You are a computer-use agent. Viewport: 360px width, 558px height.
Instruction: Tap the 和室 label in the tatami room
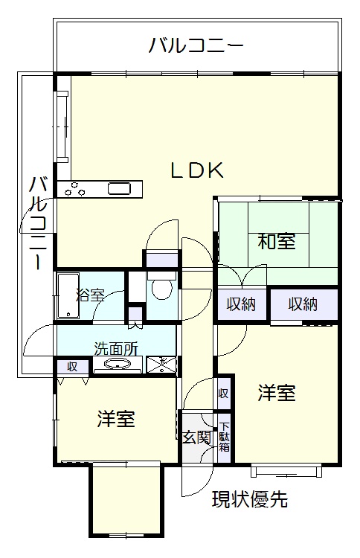point(276,242)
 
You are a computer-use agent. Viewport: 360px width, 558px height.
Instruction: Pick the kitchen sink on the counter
point(120,188)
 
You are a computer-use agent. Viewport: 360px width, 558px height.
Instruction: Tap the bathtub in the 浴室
point(67,295)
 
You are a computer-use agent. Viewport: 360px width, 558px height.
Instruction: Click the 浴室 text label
point(90,295)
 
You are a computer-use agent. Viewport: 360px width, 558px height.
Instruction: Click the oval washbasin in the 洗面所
point(117,364)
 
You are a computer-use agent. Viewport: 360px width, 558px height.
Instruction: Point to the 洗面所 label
point(115,347)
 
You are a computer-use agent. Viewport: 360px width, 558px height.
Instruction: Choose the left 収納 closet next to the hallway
point(241,304)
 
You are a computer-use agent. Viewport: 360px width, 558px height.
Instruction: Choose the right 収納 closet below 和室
point(303,304)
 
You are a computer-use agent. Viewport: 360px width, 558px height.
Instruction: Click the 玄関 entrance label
point(196,437)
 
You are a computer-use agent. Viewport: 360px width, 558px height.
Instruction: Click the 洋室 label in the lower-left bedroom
point(116,419)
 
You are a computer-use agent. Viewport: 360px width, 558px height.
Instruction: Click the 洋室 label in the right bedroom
point(277,393)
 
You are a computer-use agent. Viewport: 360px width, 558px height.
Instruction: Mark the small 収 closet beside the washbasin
point(72,366)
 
